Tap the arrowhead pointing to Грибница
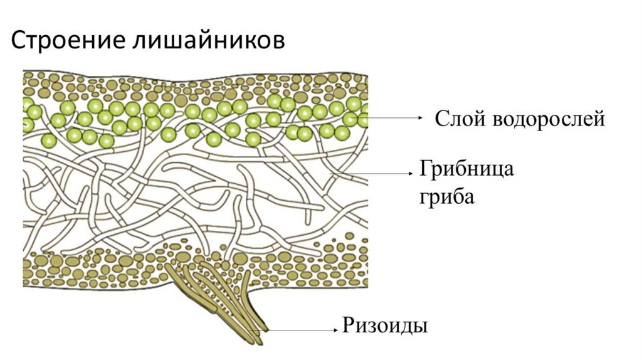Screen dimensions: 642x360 (411, 171)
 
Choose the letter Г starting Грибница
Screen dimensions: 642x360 (424, 170)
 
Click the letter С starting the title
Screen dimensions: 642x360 (18, 41)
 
